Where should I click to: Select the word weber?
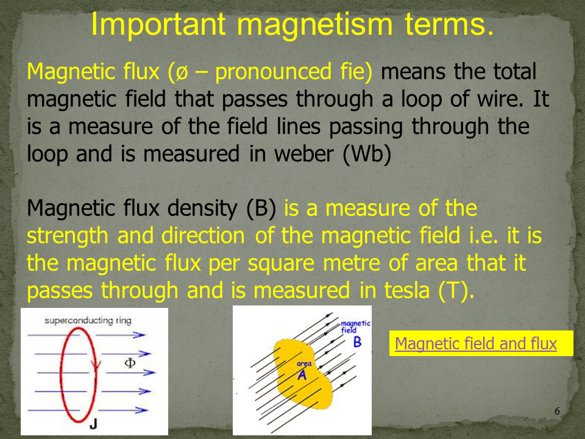pos(305,154)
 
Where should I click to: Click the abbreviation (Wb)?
pos(367,154)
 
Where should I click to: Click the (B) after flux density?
pos(261,209)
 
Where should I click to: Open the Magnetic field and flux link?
pos(476,343)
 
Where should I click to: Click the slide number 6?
pos(557,411)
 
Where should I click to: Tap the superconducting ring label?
pos(88,320)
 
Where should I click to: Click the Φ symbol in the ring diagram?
pos(130,363)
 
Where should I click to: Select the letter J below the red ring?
pos(93,424)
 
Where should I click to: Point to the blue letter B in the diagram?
pos(358,342)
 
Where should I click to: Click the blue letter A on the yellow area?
pos(302,374)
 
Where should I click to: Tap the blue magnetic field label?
pos(355,326)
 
